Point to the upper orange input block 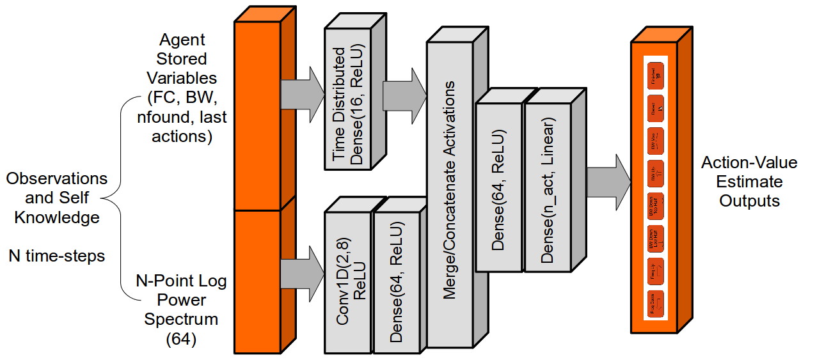click(258, 115)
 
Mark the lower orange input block click(258, 281)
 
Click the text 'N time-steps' click(56, 256)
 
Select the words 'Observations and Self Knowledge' click(57, 198)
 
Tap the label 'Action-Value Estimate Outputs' click(749, 182)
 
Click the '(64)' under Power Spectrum click(180, 338)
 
